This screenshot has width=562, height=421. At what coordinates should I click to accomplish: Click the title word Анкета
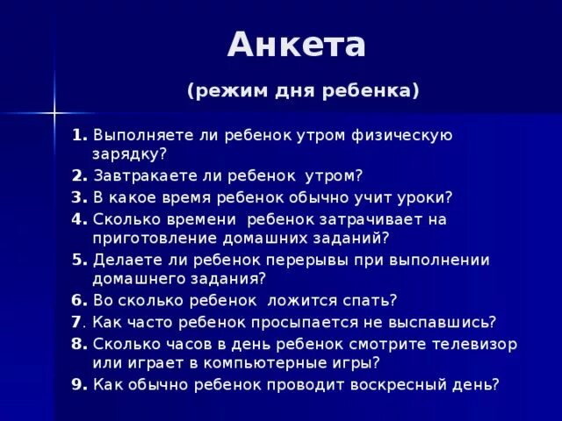296,46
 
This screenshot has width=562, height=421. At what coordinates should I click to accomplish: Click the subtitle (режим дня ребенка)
303,90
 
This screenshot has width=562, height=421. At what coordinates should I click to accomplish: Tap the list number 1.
79,135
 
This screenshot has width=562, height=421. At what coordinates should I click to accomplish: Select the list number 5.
79,260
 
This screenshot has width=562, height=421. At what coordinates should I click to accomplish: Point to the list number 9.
79,383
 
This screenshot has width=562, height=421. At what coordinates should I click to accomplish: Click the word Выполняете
141,135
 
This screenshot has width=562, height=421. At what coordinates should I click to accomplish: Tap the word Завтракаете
144,175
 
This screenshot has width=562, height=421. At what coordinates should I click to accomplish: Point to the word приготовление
153,237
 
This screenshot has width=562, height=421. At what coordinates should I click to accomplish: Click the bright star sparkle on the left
54,111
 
